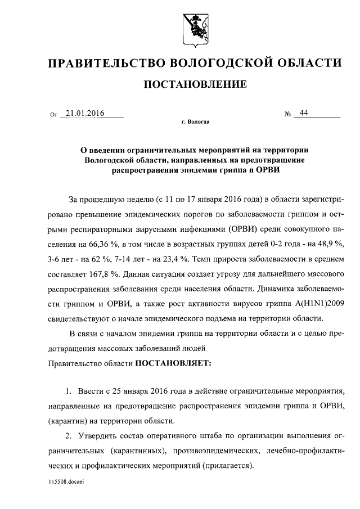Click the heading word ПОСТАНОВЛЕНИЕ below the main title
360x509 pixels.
[196, 85]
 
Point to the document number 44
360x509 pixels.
[304, 112]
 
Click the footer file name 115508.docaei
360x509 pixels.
[68, 482]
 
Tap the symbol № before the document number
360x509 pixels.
[288, 114]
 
